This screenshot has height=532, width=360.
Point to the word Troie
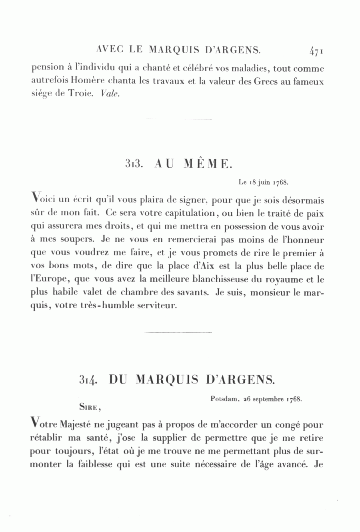point(82,94)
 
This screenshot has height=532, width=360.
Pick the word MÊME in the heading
point(206,164)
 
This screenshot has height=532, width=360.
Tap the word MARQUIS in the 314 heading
point(167,379)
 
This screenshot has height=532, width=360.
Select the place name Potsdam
point(224,399)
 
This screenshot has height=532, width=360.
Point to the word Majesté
point(76,424)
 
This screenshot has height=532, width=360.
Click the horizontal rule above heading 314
point(178,332)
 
